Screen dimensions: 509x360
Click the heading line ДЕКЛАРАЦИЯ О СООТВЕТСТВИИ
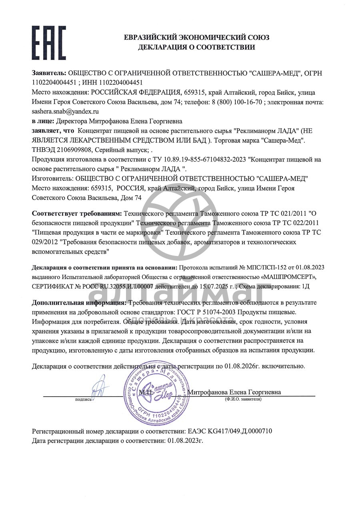click(x=196, y=47)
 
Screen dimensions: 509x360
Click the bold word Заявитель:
click(x=49, y=74)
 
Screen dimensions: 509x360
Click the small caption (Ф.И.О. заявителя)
click(x=243, y=399)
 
